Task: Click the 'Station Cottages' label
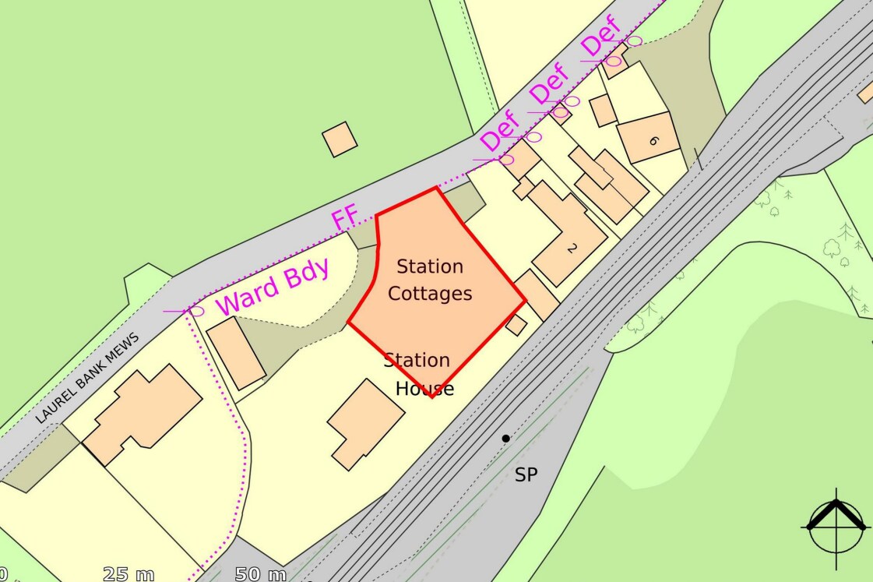click(x=430, y=280)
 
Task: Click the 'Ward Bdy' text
click(x=273, y=287)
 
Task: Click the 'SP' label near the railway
click(x=526, y=474)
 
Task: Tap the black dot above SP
click(x=505, y=439)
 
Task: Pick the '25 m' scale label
click(x=128, y=575)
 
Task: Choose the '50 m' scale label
click(x=260, y=575)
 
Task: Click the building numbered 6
click(x=649, y=138)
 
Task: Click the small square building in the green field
click(x=340, y=139)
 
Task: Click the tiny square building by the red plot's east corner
click(x=516, y=325)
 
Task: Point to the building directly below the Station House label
click(x=365, y=424)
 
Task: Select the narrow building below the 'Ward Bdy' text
click(x=237, y=353)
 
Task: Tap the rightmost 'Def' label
click(x=602, y=37)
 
